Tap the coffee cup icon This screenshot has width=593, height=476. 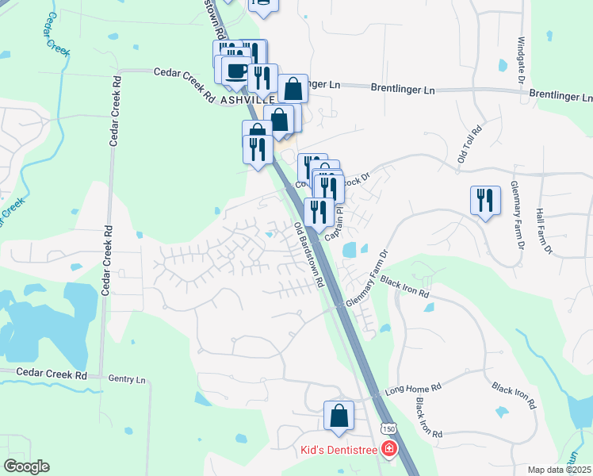(x=235, y=71)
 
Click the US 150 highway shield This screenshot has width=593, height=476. (x=388, y=428)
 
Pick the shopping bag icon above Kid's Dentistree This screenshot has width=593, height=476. (x=339, y=416)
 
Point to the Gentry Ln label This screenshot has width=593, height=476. (x=128, y=380)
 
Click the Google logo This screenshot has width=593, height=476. (x=26, y=466)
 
